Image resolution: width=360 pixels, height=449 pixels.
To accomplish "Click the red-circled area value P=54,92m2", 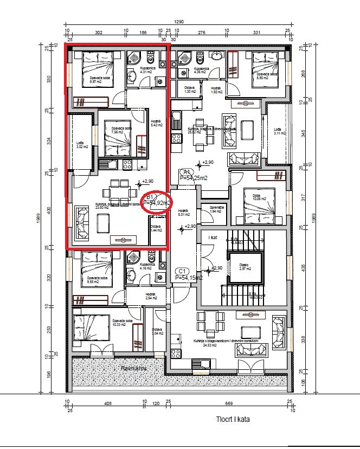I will tap(157, 202).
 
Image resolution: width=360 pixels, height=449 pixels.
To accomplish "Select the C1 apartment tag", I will tap(182, 271).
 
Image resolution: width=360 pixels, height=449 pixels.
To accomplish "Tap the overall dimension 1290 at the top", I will tap(179, 22).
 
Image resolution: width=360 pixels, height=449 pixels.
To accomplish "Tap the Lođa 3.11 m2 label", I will tap(279, 131).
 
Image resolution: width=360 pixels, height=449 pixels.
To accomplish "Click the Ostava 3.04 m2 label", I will tap(157, 331).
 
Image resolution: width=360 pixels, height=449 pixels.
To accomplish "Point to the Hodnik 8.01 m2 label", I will tap(183, 212).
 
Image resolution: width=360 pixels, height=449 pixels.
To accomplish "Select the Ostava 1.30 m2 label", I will tap(189, 90).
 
